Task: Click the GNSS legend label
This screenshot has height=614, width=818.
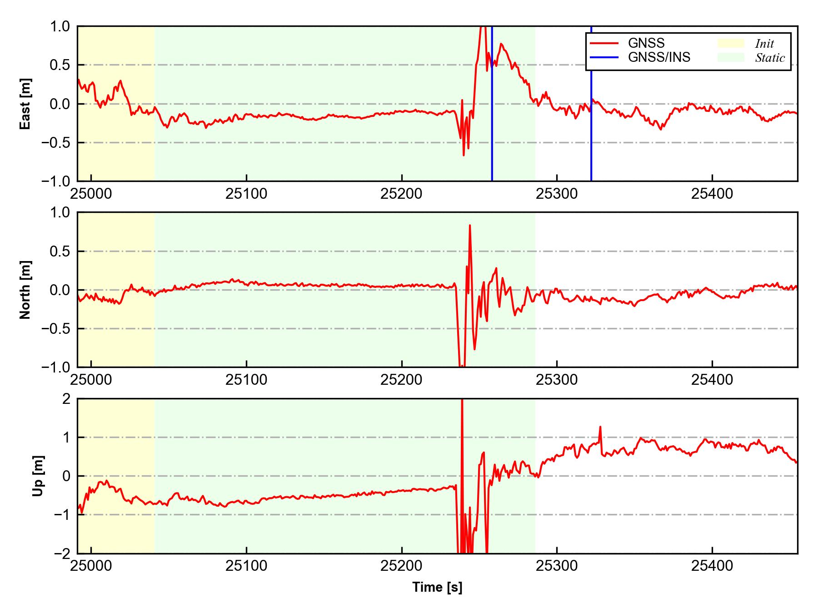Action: (x=646, y=43)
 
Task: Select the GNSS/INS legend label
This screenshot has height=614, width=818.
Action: (x=659, y=57)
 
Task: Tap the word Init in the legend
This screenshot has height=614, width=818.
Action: (x=764, y=44)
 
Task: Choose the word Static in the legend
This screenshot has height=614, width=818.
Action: (x=770, y=58)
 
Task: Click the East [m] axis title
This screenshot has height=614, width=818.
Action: (x=25, y=104)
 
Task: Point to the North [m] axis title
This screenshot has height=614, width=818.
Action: (x=25, y=290)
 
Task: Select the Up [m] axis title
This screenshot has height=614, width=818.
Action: (x=38, y=476)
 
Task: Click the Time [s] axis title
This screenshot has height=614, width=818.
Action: (x=437, y=587)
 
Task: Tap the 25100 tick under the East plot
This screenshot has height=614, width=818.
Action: (x=246, y=194)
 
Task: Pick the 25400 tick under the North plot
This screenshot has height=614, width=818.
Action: (x=712, y=380)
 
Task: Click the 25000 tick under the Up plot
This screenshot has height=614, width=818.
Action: (x=91, y=566)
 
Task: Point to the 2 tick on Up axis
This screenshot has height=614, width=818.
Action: (x=66, y=399)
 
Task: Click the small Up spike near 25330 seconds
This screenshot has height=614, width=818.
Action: (x=600, y=428)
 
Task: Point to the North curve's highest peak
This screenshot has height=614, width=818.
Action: (x=469, y=226)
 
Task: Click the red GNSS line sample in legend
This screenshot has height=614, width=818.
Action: (x=604, y=43)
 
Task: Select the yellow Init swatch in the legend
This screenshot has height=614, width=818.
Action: (x=731, y=43)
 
